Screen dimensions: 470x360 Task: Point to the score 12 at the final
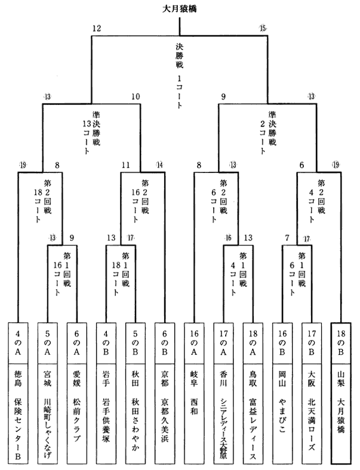pos(97,29)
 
